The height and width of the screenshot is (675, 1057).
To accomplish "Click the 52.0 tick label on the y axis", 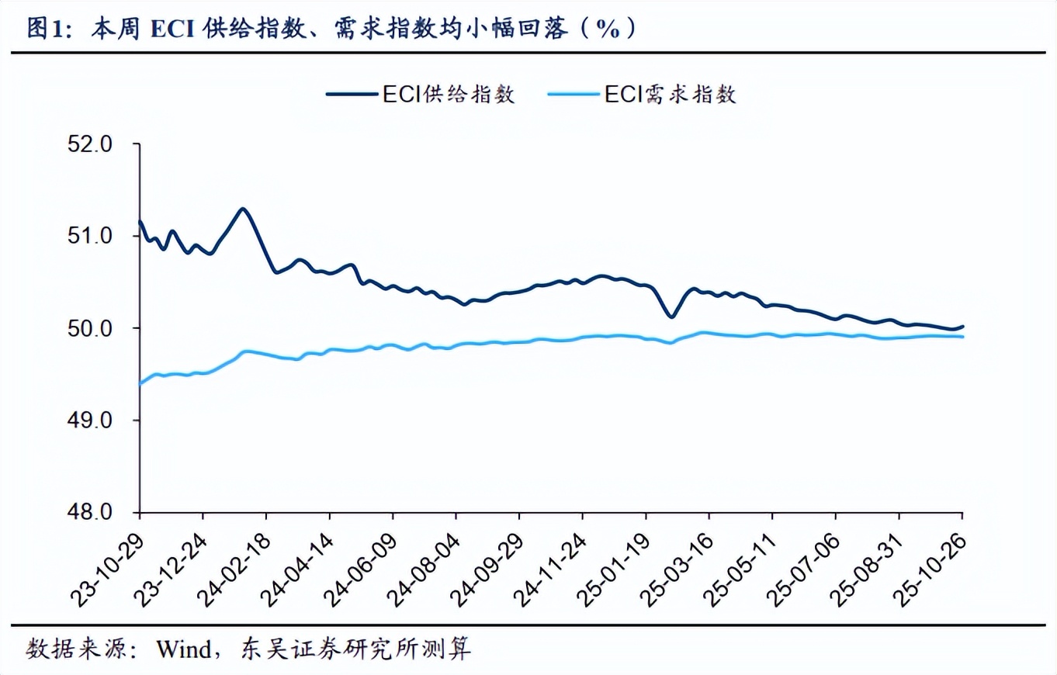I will (x=92, y=145).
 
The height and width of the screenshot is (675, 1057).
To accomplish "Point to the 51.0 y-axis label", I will (x=92, y=237).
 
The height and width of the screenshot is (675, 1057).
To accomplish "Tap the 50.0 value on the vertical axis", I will (x=92, y=328).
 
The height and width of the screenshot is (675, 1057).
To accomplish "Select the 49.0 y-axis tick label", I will (x=92, y=421).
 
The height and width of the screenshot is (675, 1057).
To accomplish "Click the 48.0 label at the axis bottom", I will (x=92, y=512).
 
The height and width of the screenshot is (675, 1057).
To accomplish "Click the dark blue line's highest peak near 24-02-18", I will (x=243, y=209).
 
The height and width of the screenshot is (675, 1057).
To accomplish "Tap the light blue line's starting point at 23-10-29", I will (x=139, y=384).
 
